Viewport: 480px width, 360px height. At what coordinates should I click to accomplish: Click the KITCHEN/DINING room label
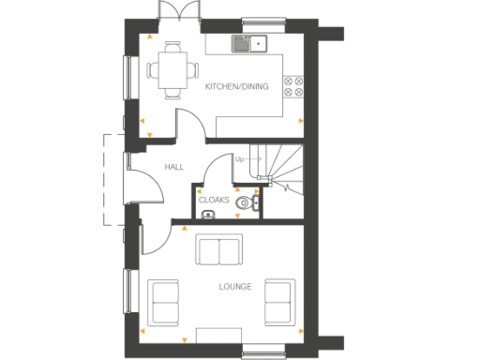pyautogui.click(x=236, y=87)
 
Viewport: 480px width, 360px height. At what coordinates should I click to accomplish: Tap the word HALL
pyautogui.click(x=173, y=167)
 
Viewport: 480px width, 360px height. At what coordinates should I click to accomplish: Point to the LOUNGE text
pyautogui.click(x=235, y=286)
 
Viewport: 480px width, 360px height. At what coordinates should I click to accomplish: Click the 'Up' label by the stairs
pyautogui.click(x=239, y=159)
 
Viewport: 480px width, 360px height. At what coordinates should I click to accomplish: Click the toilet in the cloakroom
pyautogui.click(x=246, y=202)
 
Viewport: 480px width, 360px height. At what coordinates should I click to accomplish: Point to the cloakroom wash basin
pyautogui.click(x=207, y=215)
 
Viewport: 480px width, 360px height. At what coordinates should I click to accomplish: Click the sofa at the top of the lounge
pyautogui.click(x=217, y=250)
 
